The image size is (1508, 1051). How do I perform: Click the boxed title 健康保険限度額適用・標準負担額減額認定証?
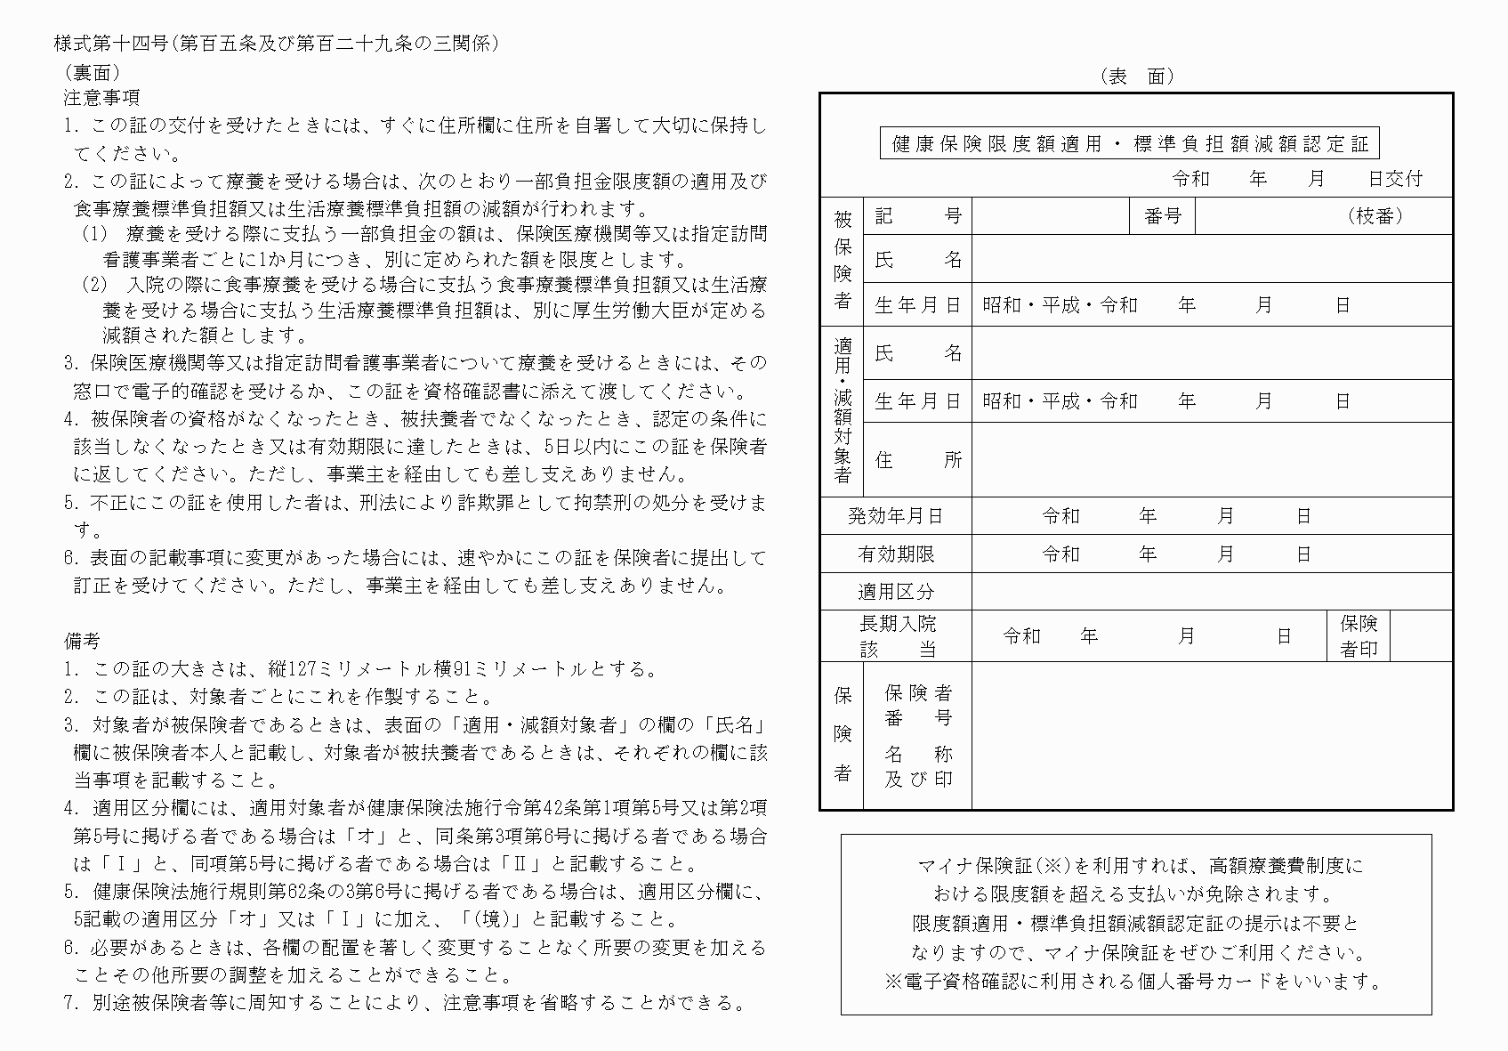[1129, 143]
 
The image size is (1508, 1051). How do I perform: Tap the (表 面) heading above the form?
[1136, 77]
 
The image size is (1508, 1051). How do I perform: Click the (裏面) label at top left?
[93, 72]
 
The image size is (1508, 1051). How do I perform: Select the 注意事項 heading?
[101, 97]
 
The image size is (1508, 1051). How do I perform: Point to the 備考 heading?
[82, 641]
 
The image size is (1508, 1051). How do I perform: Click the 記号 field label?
[918, 216]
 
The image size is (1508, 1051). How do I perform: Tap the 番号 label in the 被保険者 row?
[1162, 216]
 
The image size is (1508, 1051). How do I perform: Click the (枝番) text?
[1375, 216]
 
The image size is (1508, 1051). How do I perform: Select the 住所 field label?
[918, 459]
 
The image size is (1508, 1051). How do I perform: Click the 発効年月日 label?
[895, 516]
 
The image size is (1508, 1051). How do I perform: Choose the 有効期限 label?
[895, 554]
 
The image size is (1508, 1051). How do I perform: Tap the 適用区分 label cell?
[895, 592]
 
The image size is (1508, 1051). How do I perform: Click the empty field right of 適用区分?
[1212, 592]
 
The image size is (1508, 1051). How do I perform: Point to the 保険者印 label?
[1359, 635]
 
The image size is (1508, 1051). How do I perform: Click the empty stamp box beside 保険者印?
[1421, 635]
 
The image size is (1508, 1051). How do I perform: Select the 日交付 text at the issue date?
[1395, 179]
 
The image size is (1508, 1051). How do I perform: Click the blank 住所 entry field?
[1212, 459]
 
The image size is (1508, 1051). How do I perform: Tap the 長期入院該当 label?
[897, 636]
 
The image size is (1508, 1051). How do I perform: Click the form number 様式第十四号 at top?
[111, 44]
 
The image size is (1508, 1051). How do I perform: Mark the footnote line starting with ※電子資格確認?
[1135, 982]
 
